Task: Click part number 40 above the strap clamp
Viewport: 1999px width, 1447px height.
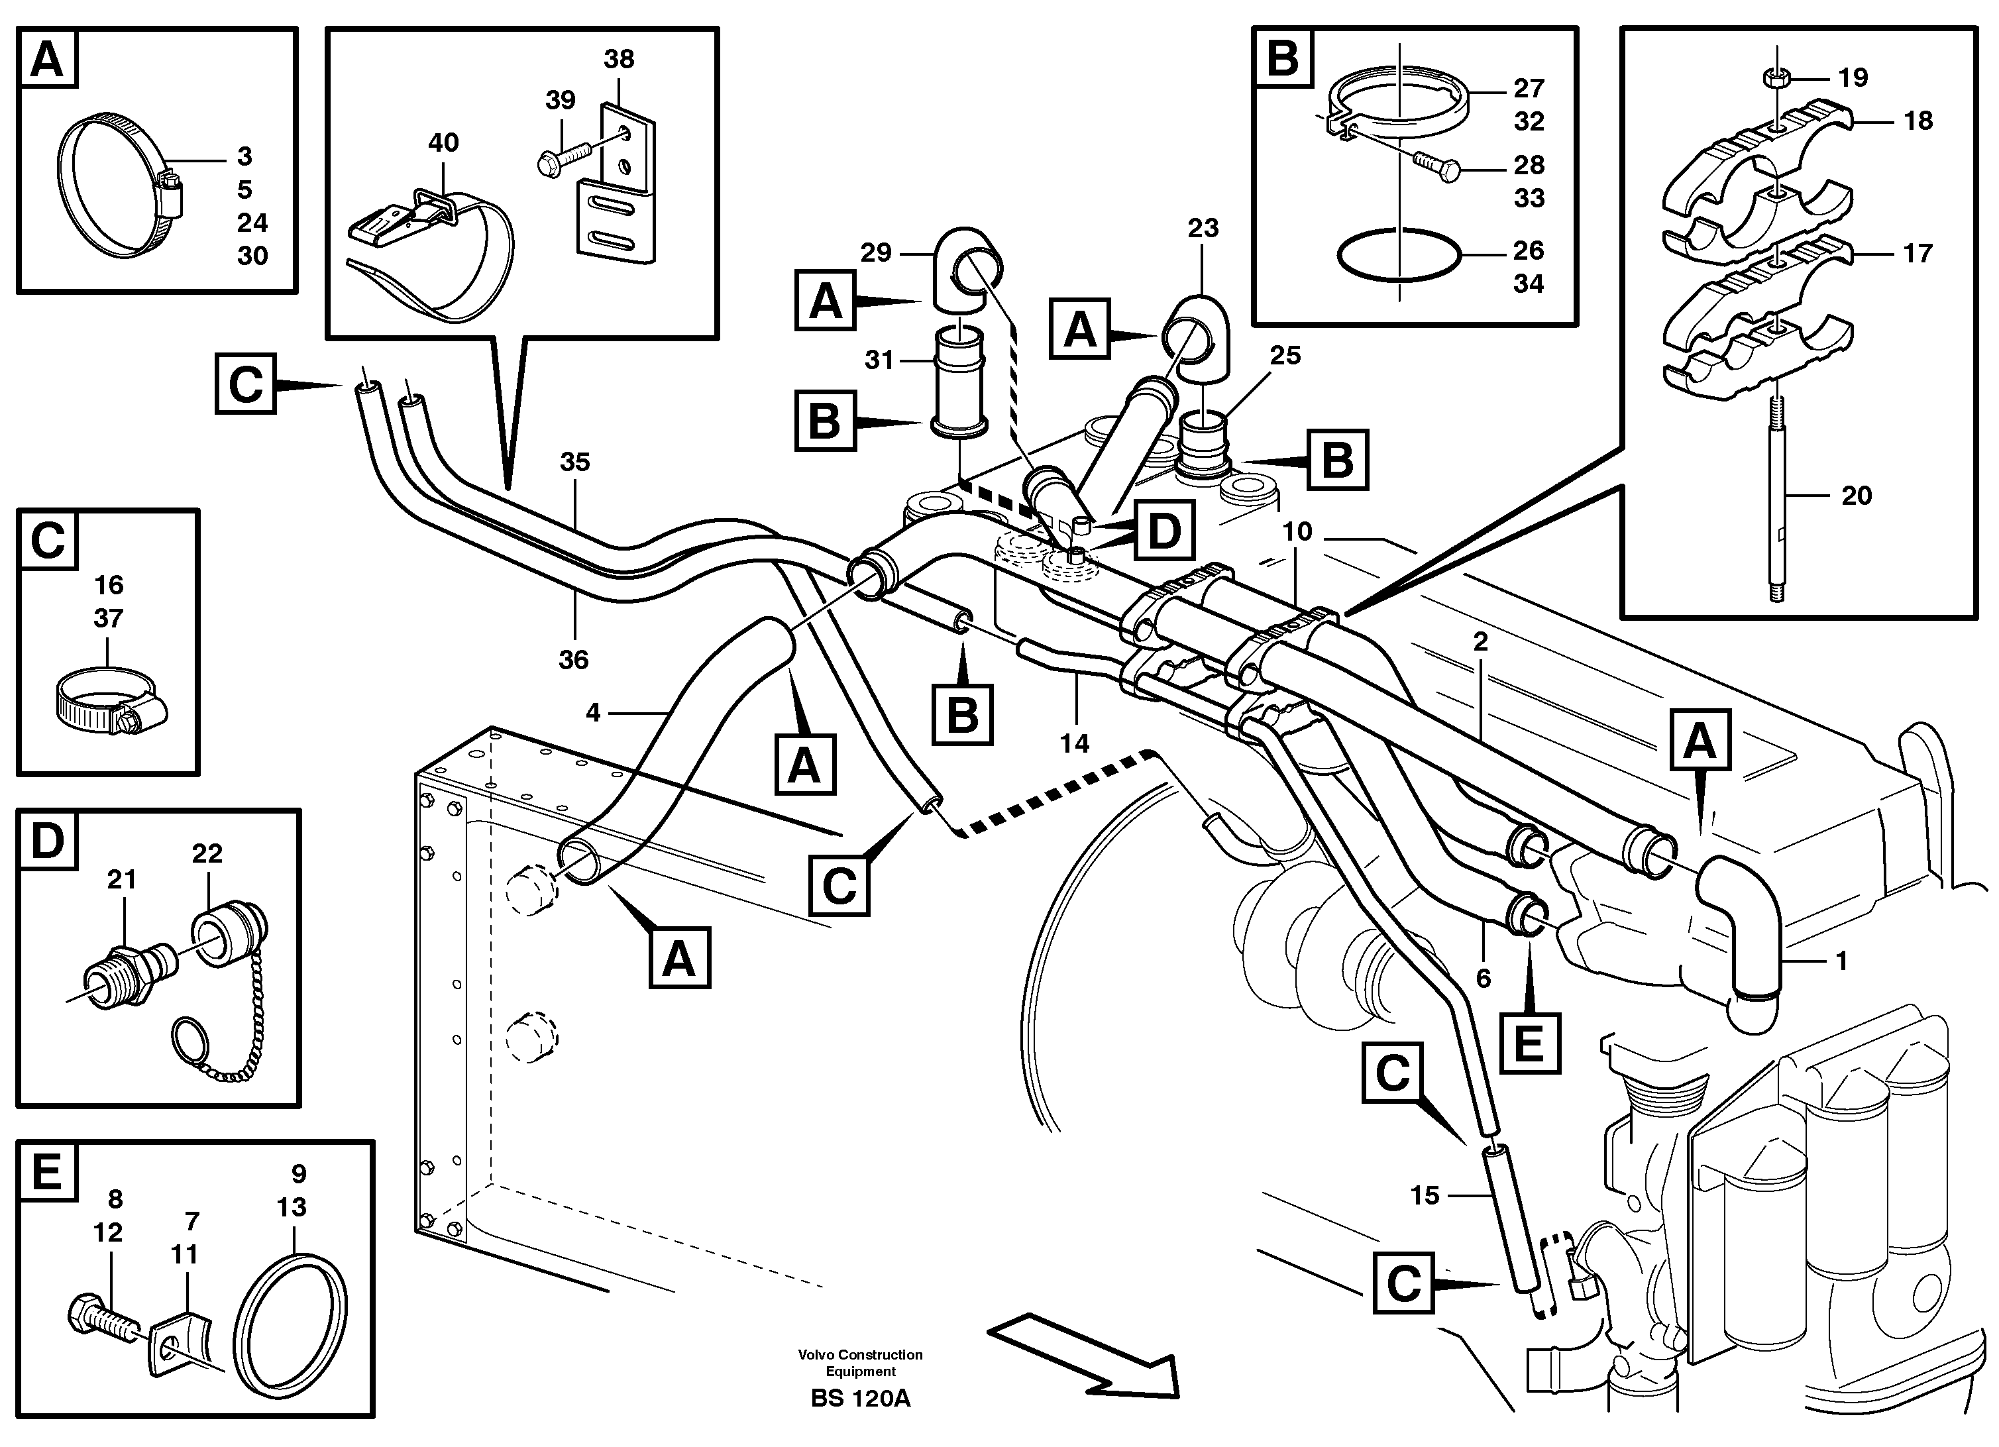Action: pos(443,142)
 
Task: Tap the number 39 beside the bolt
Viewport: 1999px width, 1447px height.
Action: pos(560,101)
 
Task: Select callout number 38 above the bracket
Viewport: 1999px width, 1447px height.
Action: pos(619,59)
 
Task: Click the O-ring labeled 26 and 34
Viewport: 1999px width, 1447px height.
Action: pos(1399,256)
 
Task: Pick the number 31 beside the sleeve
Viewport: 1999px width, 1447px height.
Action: pos(879,360)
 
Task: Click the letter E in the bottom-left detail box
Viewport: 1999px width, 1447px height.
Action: pos(47,1172)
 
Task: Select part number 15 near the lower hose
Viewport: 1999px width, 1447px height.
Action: pos(1425,1195)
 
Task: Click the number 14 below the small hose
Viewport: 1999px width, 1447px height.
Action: pos(1075,744)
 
